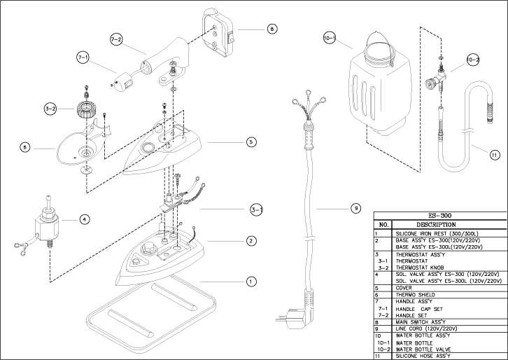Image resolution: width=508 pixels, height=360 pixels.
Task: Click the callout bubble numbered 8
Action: tap(271, 29)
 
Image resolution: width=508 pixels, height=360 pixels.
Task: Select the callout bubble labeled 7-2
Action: tap(116, 39)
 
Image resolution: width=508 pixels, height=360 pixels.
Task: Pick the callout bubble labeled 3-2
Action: tap(50, 109)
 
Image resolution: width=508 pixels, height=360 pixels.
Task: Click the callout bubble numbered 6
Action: tap(25, 148)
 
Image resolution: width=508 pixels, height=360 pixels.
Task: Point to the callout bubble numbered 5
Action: tap(251, 141)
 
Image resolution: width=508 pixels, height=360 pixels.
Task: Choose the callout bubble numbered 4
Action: tap(84, 219)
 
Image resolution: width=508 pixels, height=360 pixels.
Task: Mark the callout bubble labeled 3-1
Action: tap(257, 209)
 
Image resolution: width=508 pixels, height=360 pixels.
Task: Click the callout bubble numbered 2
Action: tap(250, 241)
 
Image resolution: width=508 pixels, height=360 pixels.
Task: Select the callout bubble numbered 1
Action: tap(250, 282)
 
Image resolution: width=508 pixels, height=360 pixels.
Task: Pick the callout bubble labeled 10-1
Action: tap(330, 36)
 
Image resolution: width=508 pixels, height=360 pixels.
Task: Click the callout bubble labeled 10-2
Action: tap(473, 60)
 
